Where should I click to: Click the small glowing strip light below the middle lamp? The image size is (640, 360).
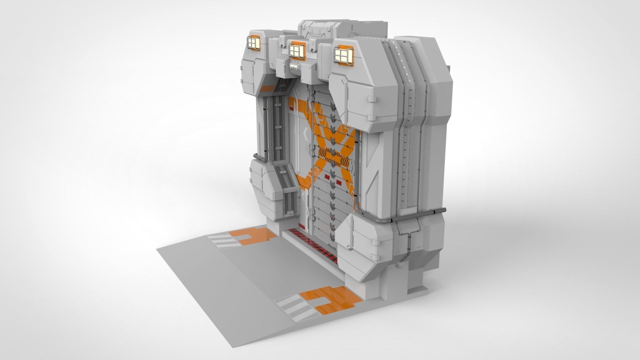pos(295,68)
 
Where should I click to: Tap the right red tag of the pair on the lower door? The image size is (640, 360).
pos(339,182)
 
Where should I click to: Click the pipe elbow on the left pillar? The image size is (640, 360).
pos(257,157)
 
